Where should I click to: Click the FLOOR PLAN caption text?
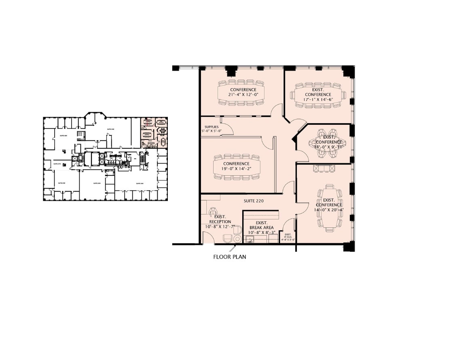pos(230,257)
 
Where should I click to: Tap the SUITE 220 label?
pos(254,201)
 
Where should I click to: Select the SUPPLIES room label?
pos(211,127)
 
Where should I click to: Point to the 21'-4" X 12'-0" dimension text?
pos(243,95)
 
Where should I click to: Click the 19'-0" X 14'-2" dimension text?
pos(237,168)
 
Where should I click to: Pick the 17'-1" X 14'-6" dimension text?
pos(318,99)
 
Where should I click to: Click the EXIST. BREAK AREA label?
pos(262,225)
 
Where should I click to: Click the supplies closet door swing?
pos(227,129)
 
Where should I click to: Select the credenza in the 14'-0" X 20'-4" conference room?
pos(324,168)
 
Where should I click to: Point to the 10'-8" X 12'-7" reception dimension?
pos(220,227)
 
